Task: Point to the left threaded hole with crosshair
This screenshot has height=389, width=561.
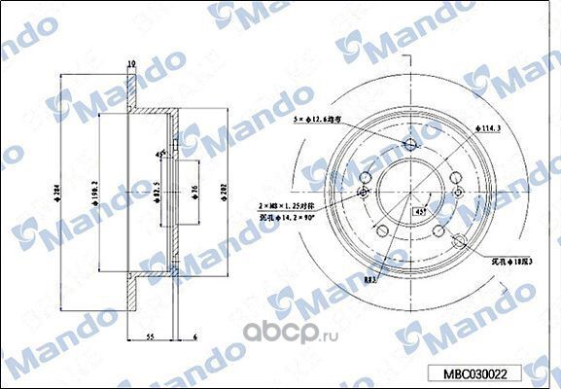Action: pyautogui.click(x=365, y=193)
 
